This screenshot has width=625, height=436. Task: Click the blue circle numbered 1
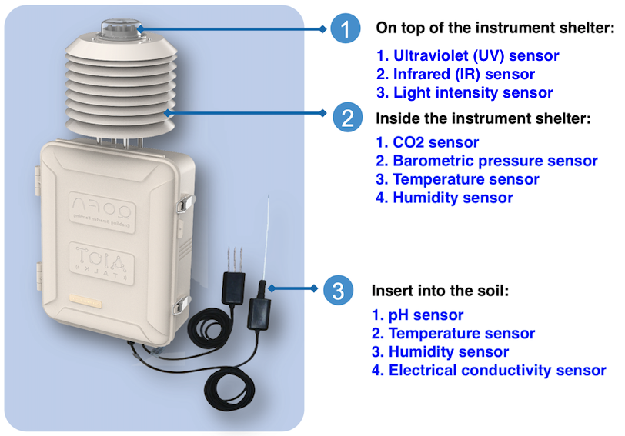click(346, 30)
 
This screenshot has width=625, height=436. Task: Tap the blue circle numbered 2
click(347, 117)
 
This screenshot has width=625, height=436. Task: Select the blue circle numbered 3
click(338, 290)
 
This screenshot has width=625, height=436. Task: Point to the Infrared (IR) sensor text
click(456, 75)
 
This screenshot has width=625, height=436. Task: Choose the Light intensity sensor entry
click(465, 93)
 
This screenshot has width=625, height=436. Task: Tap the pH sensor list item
click(418, 315)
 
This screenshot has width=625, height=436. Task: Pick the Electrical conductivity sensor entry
click(489, 371)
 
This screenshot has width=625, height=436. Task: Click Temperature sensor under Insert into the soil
click(453, 334)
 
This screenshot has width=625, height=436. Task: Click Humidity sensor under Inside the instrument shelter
click(444, 198)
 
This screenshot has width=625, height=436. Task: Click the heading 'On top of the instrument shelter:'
click(495, 28)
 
